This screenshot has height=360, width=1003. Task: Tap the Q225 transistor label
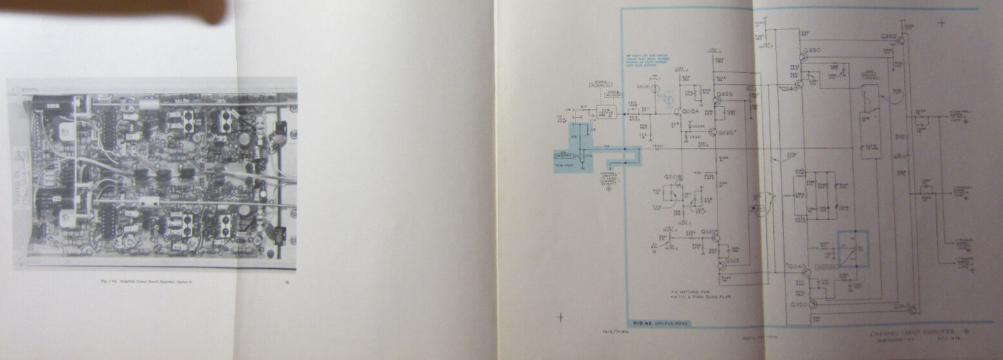pos(724,94)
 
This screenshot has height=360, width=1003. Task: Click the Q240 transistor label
pos(787,90)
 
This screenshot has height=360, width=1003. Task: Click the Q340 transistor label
pos(796,267)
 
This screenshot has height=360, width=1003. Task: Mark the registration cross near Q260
pos(941,24)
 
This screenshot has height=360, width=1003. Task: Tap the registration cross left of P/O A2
pos(562,316)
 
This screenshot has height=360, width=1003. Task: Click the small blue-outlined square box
pos(852,249)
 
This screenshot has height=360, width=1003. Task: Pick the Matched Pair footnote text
pos(687,291)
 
